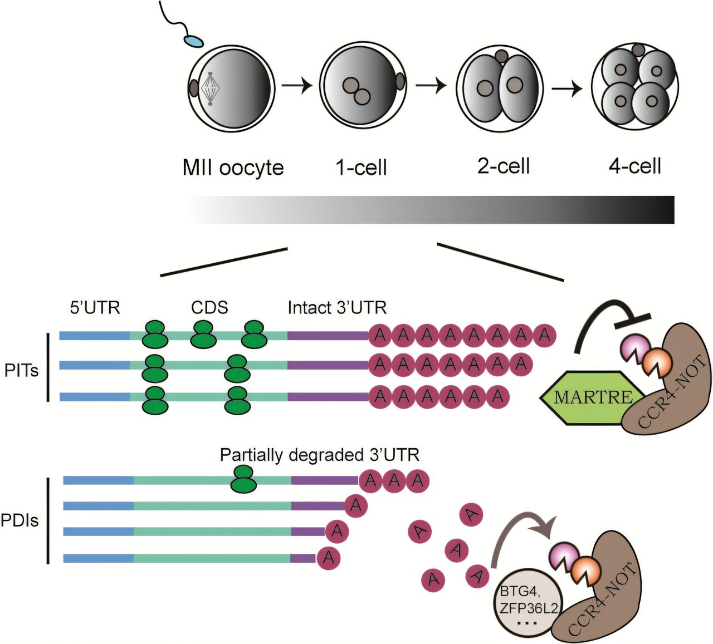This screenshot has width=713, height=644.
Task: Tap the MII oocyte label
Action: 233,168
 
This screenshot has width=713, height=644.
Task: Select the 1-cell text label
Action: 361,168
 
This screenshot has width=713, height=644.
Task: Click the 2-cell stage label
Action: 504,166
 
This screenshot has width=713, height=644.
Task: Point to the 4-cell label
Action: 635,166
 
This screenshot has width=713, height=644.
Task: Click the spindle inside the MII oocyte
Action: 210,89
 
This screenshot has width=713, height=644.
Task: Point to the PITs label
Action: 21,370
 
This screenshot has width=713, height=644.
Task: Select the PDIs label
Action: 19,521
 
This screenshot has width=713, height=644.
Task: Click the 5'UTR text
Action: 95,307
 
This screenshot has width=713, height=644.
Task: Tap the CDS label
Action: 209,307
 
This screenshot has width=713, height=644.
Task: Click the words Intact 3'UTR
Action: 337,307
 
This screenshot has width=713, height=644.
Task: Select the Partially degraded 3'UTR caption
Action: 319,455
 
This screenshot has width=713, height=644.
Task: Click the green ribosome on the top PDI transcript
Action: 243,480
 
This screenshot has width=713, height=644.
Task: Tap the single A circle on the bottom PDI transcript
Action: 328,557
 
